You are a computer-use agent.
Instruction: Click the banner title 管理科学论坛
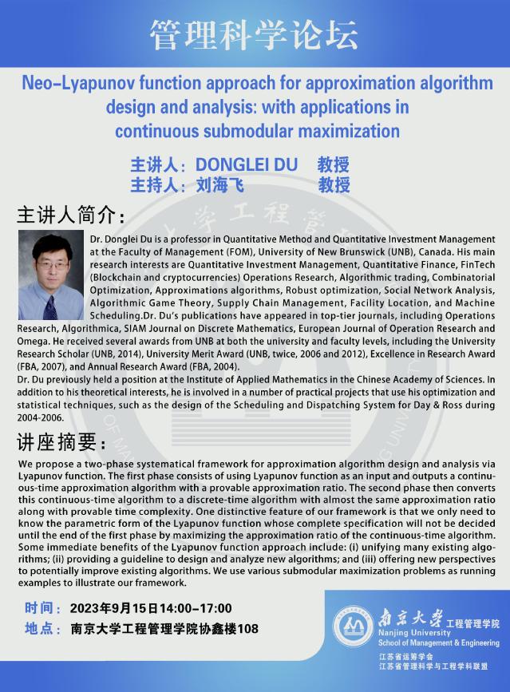[255, 33]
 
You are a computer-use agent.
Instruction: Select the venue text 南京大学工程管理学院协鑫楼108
[164, 629]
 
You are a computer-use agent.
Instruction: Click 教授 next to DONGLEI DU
[334, 165]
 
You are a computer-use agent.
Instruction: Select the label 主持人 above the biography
[156, 185]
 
